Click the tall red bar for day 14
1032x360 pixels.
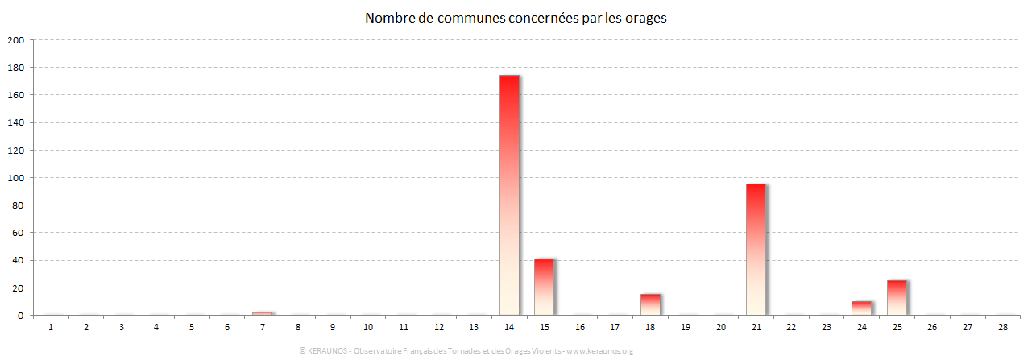pos(509,195)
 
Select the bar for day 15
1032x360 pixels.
pos(544,287)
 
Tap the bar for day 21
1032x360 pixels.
pos(756,250)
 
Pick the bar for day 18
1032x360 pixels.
pos(650,304)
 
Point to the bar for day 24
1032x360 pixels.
pos(861,308)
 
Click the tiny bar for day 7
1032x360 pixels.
pos(263,313)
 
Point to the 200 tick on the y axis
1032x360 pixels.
pos(16,39)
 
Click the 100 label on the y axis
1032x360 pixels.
pos(16,178)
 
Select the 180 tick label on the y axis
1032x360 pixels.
pos(16,68)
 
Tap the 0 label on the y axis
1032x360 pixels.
pos(21,316)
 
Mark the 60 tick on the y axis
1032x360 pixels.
pos(19,233)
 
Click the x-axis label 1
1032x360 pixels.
pos(51,327)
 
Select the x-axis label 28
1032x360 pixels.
pos(1002,327)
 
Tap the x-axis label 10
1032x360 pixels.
pos(368,327)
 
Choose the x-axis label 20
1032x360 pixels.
pos(720,327)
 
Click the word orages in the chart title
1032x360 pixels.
pos(645,18)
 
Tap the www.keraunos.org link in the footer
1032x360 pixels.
pos(600,351)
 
